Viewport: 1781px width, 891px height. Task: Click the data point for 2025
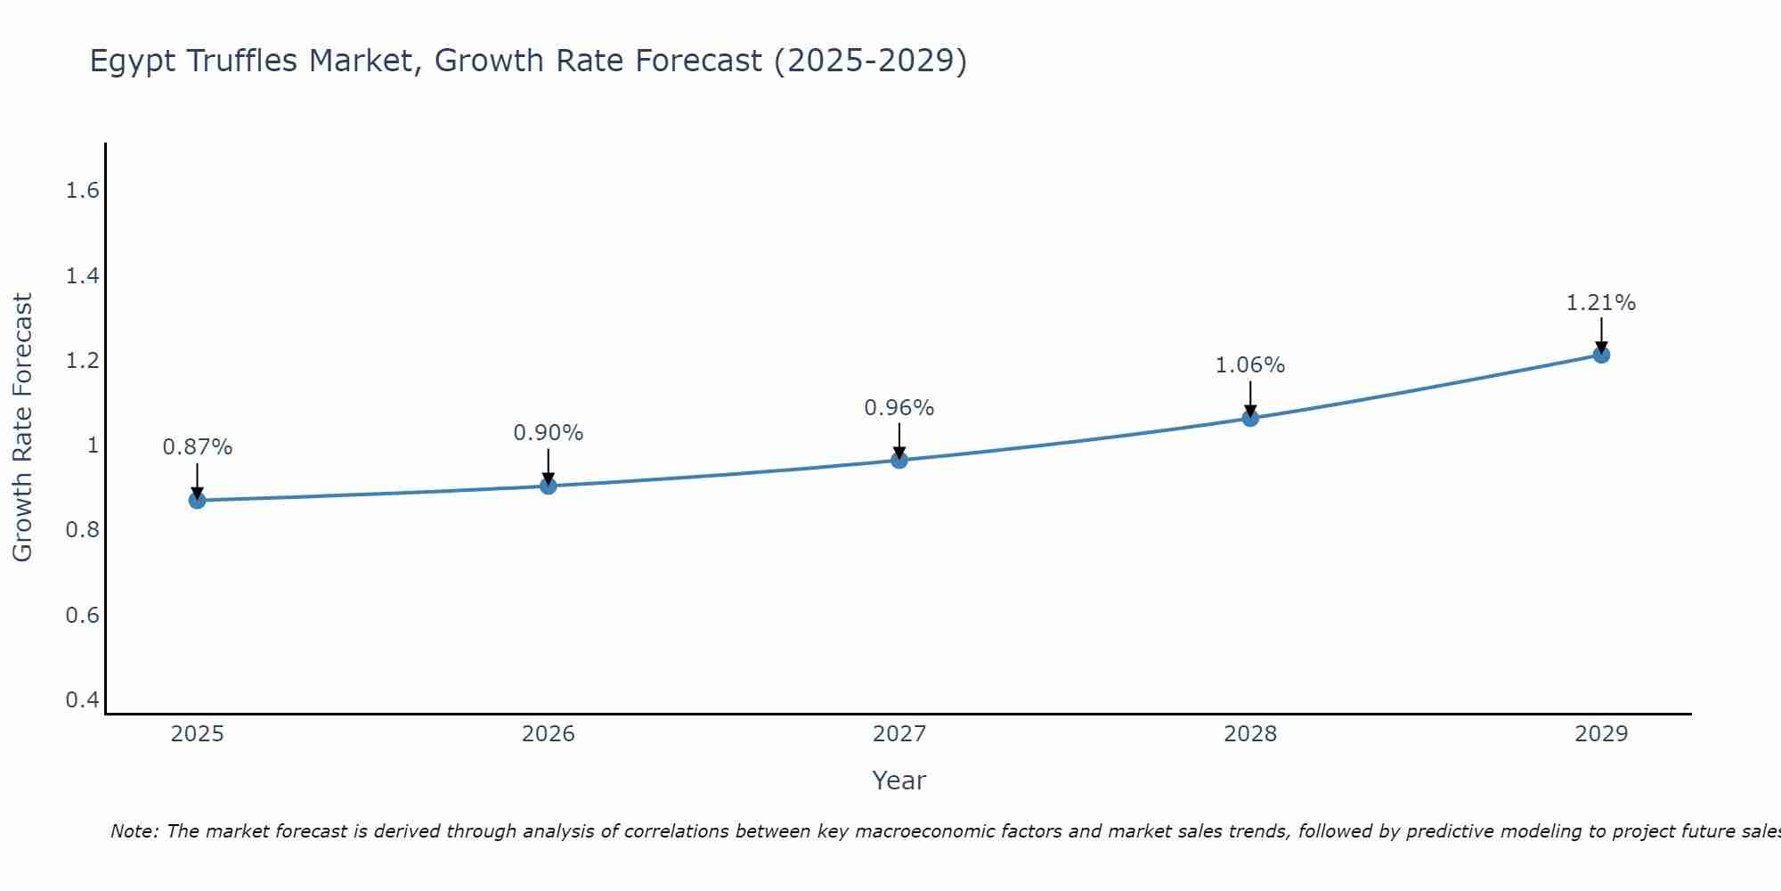pyautogui.click(x=197, y=501)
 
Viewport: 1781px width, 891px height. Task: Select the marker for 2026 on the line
pyautogui.click(x=548, y=486)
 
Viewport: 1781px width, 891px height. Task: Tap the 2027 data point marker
pyautogui.click(x=899, y=460)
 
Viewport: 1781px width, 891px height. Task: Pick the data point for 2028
pyautogui.click(x=1250, y=418)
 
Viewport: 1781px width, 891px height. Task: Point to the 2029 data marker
pyautogui.click(x=1601, y=355)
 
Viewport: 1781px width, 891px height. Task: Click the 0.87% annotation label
pyautogui.click(x=197, y=447)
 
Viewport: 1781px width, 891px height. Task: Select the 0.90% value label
pyautogui.click(x=548, y=433)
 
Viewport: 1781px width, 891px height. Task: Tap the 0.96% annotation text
pyautogui.click(x=899, y=408)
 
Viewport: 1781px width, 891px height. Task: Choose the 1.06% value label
pyautogui.click(x=1250, y=365)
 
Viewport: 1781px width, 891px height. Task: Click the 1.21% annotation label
pyautogui.click(x=1601, y=303)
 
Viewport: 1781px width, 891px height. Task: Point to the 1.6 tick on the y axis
pyautogui.click(x=83, y=191)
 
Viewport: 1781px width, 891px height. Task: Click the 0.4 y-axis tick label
pyautogui.click(x=83, y=700)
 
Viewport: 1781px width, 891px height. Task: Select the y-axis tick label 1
pyautogui.click(x=93, y=445)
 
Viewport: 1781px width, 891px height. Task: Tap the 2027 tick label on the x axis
pyautogui.click(x=899, y=734)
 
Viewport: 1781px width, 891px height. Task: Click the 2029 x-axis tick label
pyautogui.click(x=1601, y=734)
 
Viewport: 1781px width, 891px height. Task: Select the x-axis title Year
pyautogui.click(x=899, y=781)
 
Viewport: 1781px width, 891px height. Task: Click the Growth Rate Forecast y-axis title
pyautogui.click(x=23, y=428)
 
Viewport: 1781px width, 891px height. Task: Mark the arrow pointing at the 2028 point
pyautogui.click(x=1250, y=398)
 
